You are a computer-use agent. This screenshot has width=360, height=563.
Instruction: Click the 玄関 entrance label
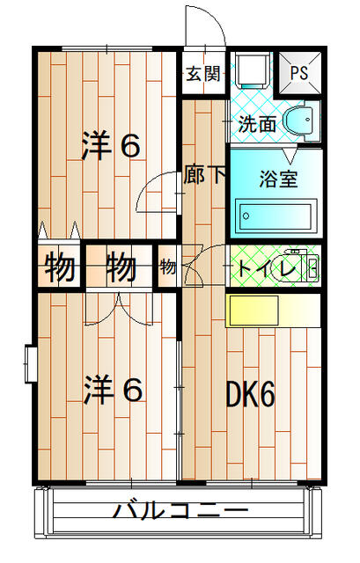coord(203,74)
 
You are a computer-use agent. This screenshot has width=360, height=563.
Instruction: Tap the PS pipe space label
coord(299,73)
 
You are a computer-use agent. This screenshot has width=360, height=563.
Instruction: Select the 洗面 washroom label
coord(257,124)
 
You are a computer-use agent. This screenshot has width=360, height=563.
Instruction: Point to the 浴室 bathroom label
coord(278,179)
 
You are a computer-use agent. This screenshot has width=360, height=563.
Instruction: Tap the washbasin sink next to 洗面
coord(301,121)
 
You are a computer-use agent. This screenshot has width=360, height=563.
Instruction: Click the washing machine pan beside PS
coord(254,70)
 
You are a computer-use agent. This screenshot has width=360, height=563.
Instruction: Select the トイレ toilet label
coord(267,267)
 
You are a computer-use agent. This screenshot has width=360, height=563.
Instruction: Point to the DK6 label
coord(250,393)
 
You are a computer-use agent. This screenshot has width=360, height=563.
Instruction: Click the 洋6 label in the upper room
coord(111,145)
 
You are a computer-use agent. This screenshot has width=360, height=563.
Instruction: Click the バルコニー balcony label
coord(180,510)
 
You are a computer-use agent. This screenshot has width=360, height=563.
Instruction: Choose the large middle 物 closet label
coord(121,266)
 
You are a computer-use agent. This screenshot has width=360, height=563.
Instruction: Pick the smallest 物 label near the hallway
coord(168,267)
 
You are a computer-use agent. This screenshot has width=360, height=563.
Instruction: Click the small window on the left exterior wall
coord(30,363)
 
